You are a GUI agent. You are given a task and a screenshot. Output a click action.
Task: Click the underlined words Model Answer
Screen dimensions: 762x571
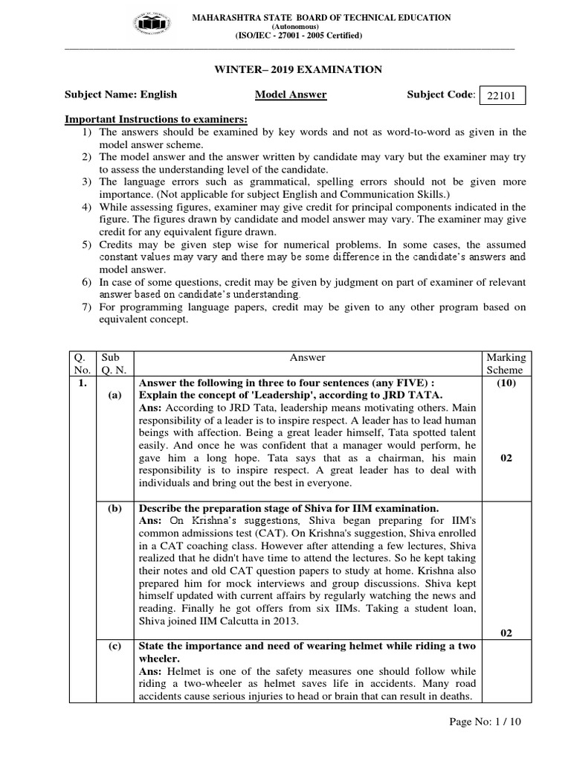click(x=280, y=95)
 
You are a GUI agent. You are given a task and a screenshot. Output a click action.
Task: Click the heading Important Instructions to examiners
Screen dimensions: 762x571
click(x=156, y=120)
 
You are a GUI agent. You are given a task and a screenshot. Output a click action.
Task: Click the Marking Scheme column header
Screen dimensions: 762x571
click(x=505, y=364)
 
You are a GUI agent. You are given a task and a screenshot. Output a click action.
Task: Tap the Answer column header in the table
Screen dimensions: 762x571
click(x=307, y=358)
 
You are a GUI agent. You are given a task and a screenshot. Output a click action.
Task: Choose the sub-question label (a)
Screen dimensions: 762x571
click(x=114, y=396)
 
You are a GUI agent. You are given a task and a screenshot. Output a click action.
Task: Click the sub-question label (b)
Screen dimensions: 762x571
click(x=114, y=508)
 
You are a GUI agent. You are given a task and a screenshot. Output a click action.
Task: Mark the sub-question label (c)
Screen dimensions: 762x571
click(x=114, y=646)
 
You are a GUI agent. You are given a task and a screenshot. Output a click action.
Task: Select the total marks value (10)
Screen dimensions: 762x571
click(x=506, y=383)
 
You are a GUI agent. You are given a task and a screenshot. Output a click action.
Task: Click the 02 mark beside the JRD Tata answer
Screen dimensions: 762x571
click(x=506, y=458)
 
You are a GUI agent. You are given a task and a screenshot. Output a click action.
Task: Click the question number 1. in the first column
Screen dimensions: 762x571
click(x=82, y=383)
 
